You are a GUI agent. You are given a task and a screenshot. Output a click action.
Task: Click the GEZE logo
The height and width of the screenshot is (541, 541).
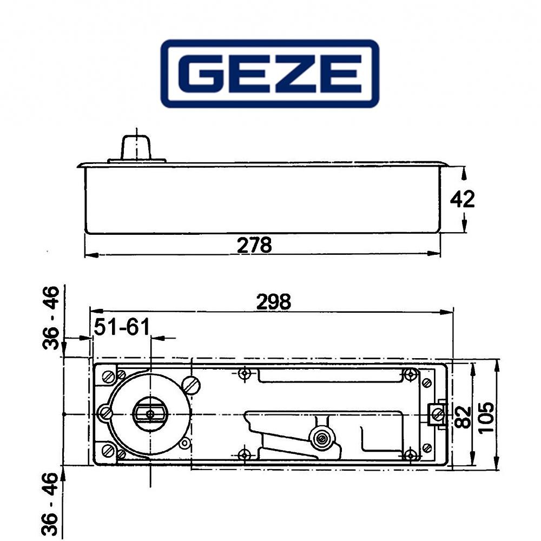[270, 74]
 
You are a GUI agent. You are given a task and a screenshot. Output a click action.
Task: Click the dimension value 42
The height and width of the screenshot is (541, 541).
[463, 200]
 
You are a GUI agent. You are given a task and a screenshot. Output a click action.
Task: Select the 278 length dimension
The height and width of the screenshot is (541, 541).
[255, 245]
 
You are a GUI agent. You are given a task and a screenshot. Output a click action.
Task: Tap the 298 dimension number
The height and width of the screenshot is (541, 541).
[274, 302]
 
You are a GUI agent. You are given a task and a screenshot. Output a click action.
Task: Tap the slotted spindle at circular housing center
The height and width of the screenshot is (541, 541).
[149, 414]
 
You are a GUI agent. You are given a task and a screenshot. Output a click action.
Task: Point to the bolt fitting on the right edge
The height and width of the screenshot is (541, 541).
[437, 415]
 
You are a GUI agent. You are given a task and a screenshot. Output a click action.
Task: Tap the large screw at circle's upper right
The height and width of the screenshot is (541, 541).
[192, 385]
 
